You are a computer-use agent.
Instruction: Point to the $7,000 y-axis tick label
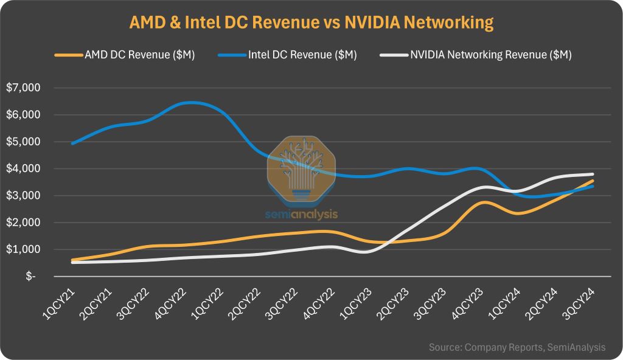(23, 88)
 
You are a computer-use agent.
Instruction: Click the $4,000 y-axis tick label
(23, 168)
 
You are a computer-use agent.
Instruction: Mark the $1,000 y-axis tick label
(23, 249)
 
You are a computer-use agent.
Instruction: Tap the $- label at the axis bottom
(30, 277)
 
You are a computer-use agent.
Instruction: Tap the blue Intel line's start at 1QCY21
(72, 144)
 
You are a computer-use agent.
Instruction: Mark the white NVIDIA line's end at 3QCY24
(593, 175)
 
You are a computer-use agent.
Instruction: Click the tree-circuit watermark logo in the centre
(301, 169)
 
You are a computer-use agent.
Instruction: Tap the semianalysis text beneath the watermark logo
(301, 214)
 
